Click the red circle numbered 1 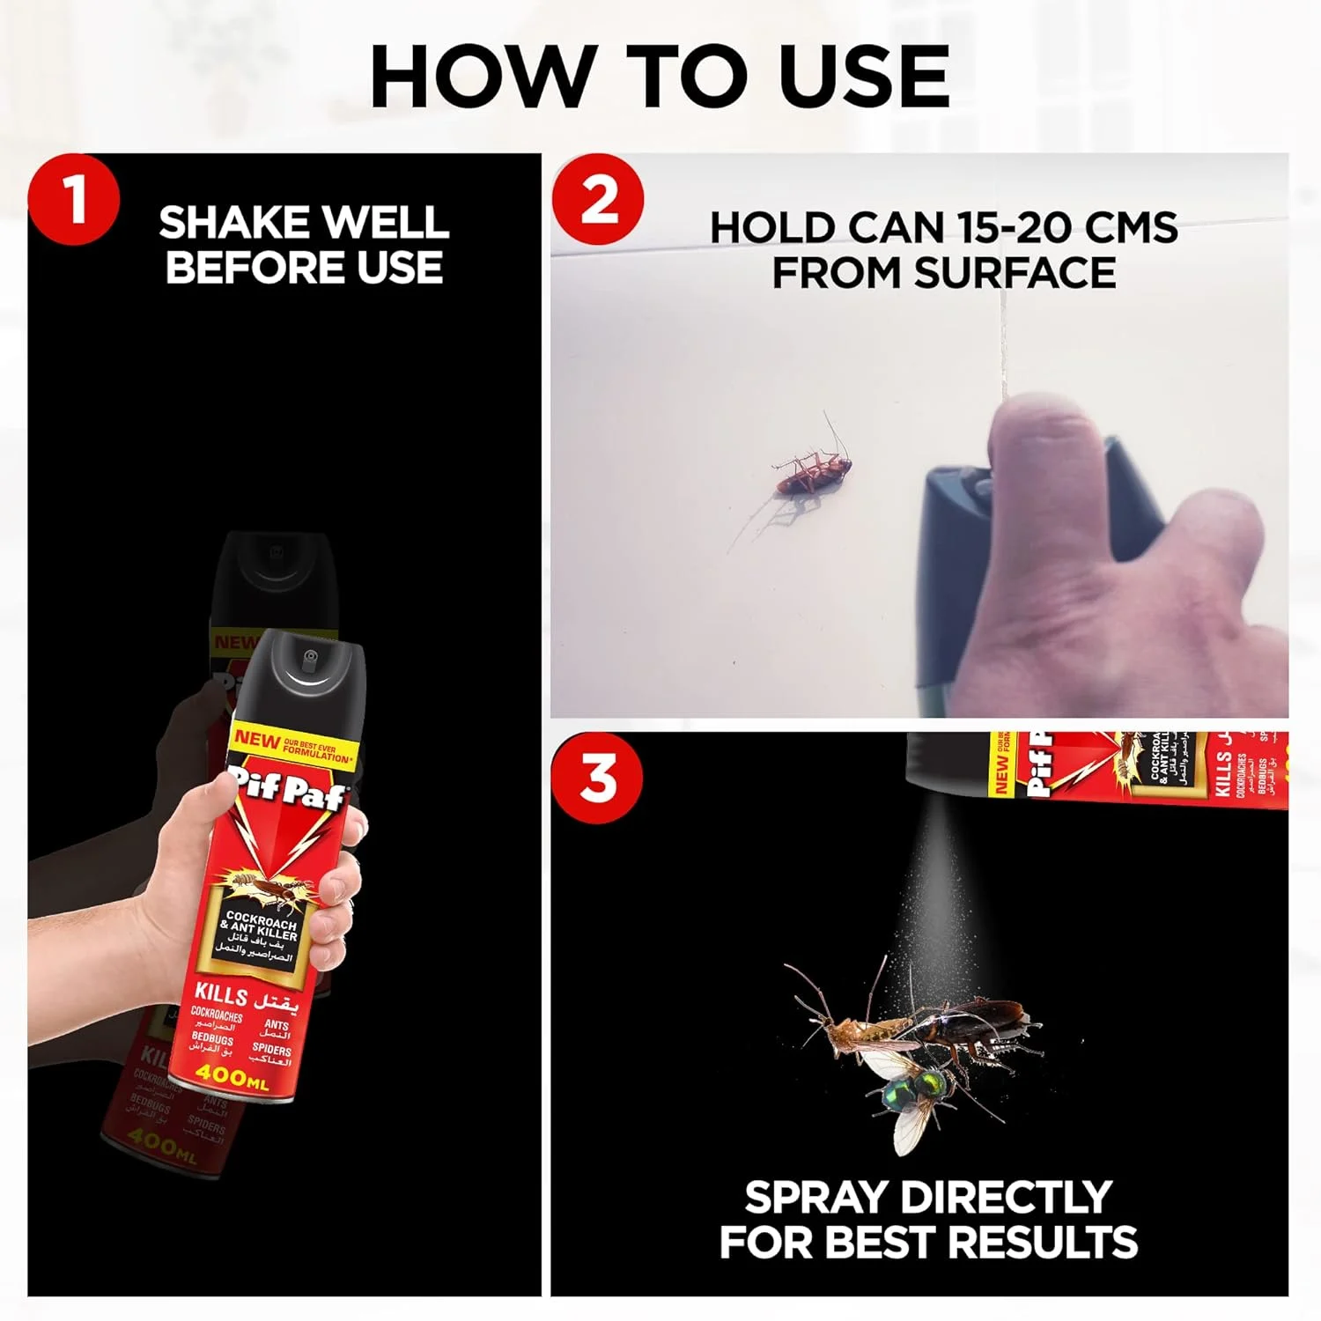click(x=74, y=199)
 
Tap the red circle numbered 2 click(x=599, y=200)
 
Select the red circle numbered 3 click(x=599, y=778)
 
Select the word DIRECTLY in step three click(x=1007, y=1198)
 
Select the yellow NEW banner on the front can click(x=291, y=744)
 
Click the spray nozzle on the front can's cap click(x=309, y=657)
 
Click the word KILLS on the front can click(x=221, y=995)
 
